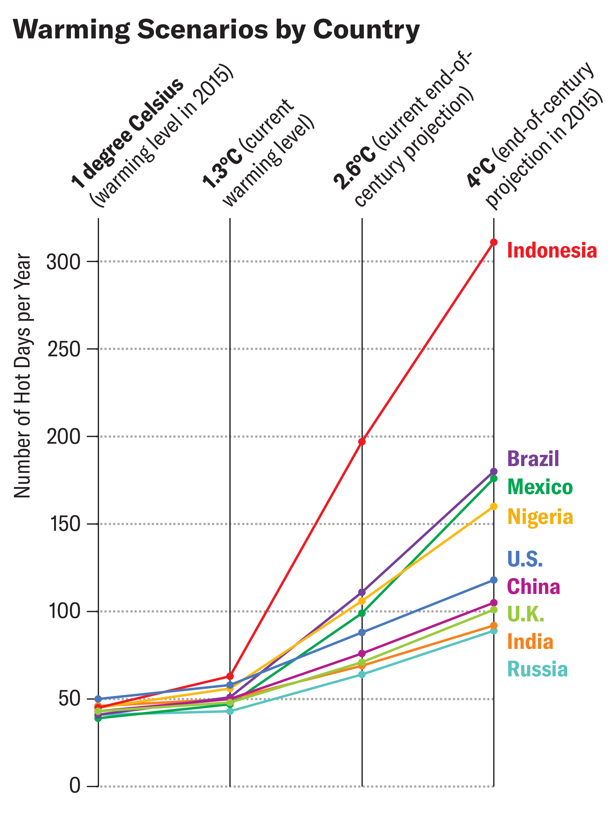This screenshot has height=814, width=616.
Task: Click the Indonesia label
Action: (552, 250)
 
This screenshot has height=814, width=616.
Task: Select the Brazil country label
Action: (533, 459)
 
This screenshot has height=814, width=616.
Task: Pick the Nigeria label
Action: (540, 517)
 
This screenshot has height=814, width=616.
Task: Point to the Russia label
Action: (537, 669)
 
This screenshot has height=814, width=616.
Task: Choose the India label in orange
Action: (530, 642)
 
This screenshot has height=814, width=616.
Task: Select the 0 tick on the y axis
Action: (74, 786)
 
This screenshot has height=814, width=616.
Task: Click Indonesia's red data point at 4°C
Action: (494, 242)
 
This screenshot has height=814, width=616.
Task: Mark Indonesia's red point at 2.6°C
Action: (362, 442)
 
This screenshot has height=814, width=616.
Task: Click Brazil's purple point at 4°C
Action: (494, 471)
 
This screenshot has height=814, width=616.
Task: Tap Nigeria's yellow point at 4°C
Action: (494, 506)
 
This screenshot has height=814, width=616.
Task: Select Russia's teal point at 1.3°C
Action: (230, 711)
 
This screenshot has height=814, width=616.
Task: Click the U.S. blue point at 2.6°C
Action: (362, 633)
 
